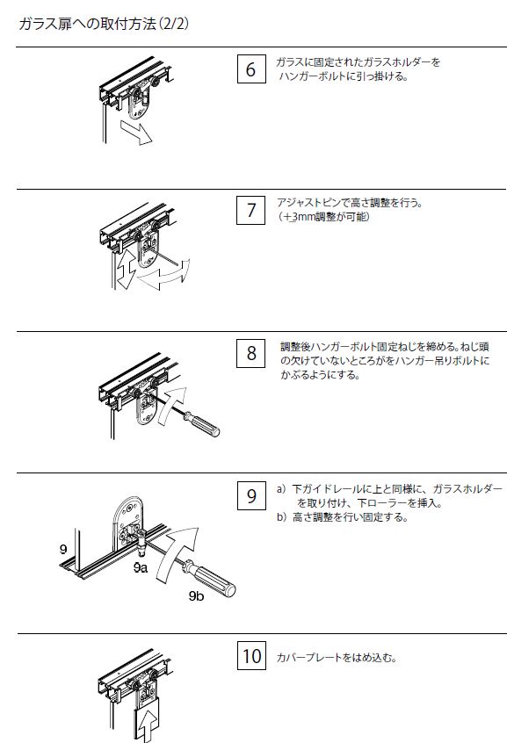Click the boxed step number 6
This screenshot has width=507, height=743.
[x=251, y=69]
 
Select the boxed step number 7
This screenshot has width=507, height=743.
[x=251, y=210]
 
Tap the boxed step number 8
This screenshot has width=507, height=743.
[x=251, y=353]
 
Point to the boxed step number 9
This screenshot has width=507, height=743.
[x=251, y=495]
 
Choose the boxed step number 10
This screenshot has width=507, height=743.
[x=252, y=656]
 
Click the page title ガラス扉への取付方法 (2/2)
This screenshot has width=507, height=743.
[x=104, y=24]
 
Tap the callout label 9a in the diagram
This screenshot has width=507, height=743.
[x=141, y=567]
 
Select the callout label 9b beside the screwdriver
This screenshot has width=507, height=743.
[x=196, y=595]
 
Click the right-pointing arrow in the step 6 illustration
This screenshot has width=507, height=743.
[x=136, y=132]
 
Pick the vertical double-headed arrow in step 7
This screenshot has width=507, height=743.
[x=126, y=269]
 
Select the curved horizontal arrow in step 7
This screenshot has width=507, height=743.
[x=163, y=278]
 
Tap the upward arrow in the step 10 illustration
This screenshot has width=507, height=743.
[x=148, y=725]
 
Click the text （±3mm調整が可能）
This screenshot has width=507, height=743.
[x=323, y=217]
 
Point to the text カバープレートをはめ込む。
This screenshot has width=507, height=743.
[x=337, y=658]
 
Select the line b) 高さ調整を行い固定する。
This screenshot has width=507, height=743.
[x=343, y=517]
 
